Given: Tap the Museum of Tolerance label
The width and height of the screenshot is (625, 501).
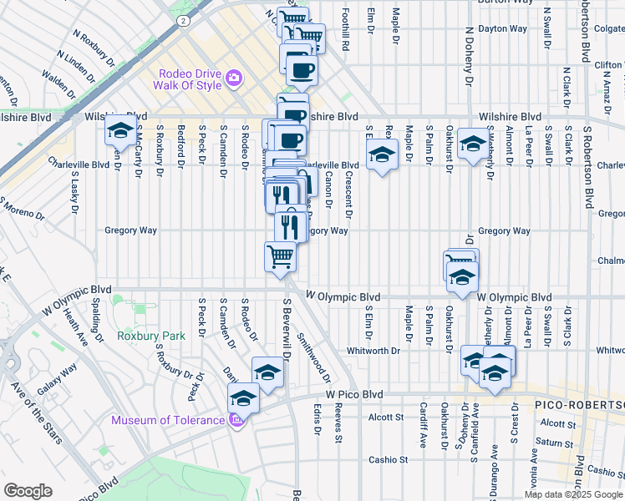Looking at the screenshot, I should point(168,418).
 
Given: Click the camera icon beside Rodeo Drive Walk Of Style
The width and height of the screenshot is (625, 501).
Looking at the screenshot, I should point(234,78).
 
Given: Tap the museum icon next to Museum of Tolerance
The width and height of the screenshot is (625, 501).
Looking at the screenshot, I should point(236,418).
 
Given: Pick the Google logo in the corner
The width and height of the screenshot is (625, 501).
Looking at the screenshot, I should point(28,491).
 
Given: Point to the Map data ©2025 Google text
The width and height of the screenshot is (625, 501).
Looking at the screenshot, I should point(573,494).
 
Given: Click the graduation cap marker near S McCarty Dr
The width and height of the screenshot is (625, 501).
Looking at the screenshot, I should point(120,132).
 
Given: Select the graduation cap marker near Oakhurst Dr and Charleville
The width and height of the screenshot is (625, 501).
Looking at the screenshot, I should point(473,144).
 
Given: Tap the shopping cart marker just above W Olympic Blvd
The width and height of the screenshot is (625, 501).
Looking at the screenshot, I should point(280,256).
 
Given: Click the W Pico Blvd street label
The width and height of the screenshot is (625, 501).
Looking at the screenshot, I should point(353,394).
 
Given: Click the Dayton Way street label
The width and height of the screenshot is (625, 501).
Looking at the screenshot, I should point(502,28).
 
